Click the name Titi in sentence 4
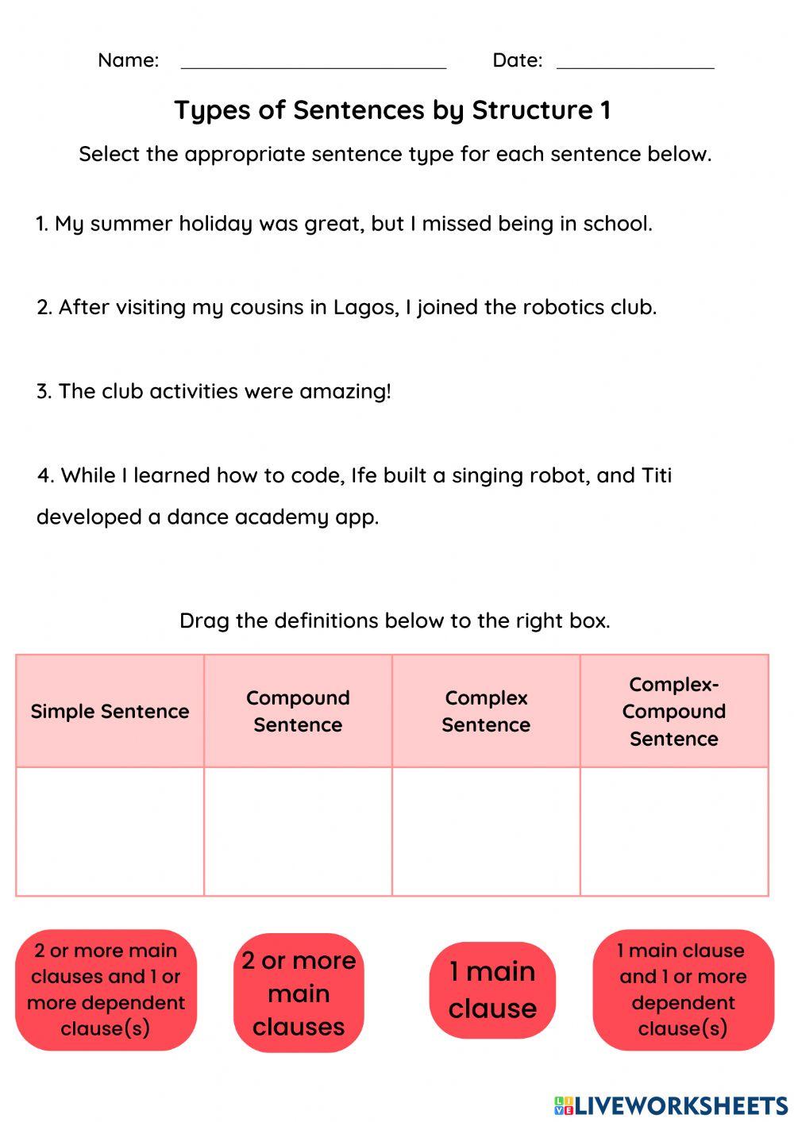656,475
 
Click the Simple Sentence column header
110,711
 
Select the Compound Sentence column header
298,711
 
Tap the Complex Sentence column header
486,711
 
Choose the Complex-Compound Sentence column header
674,711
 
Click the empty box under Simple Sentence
110,831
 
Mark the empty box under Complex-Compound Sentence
674,831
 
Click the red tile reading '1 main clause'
492,989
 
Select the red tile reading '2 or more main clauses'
299,993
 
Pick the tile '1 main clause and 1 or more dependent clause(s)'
683,989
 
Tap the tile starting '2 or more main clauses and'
106,989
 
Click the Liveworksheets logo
670,1105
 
